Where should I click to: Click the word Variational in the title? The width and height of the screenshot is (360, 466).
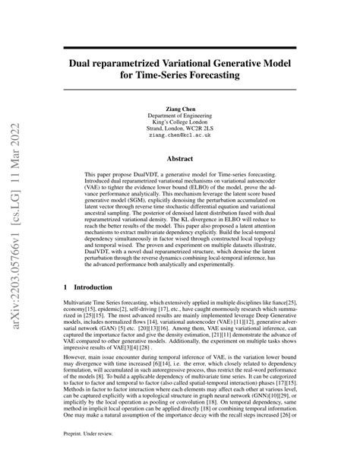pos(204,62)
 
